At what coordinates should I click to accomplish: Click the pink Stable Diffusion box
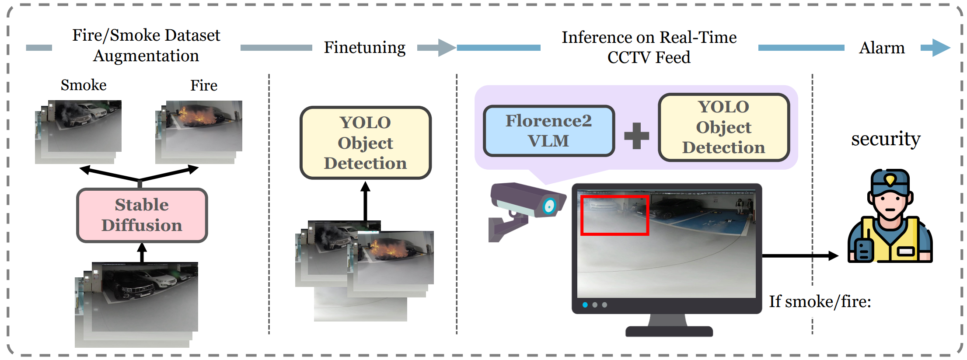pos(142,215)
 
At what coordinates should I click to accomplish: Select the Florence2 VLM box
pos(548,131)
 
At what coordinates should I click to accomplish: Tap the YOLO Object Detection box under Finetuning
pos(365,143)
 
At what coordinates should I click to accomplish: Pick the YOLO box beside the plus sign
pos(723,127)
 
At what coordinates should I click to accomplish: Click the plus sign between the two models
pos(636,136)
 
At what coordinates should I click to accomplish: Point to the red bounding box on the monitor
pos(614,215)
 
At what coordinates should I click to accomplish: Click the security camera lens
pos(549,206)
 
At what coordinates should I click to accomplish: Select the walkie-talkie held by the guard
pos(863,249)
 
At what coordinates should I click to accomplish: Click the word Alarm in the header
pos(881,48)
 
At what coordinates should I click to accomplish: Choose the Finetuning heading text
pos(364,47)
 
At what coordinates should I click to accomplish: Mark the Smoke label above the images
pos(84,85)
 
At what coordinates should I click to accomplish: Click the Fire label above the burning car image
pos(203,85)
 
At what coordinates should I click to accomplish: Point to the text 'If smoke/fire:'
pos(820,301)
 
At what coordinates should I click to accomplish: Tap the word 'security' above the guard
pos(885,139)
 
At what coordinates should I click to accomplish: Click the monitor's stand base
pos(669,331)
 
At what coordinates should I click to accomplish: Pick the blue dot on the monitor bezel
pos(585,305)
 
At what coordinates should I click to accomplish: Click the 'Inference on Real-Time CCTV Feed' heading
pos(649,47)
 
